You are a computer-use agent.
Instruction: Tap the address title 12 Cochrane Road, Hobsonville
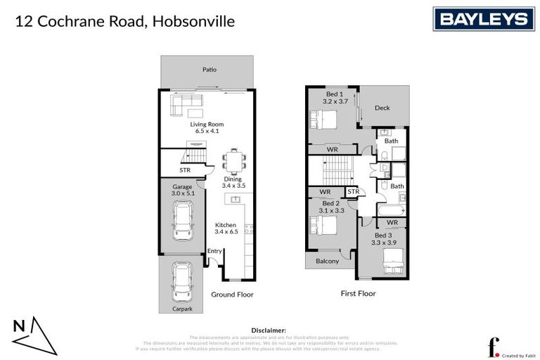[124, 22]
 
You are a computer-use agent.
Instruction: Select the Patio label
[209, 70]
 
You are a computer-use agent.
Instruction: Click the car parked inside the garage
[183, 221]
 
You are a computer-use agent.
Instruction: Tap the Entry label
[214, 251]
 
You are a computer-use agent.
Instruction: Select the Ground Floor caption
[232, 295]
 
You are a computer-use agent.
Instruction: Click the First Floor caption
[358, 293]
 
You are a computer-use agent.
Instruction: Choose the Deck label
[382, 108]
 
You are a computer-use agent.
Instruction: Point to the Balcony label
[327, 261]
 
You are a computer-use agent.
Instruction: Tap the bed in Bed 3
[390, 264]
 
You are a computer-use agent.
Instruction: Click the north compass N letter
[20, 326]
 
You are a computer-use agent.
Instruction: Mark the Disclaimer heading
[269, 329]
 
